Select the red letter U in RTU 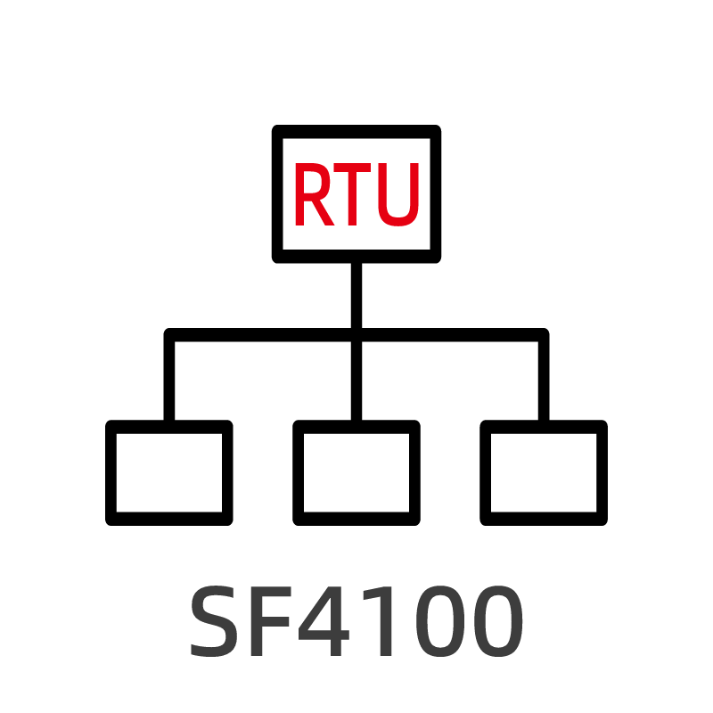[397, 195]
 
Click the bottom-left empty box [169, 472]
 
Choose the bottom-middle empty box [356, 472]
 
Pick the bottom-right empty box [544, 472]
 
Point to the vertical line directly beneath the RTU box [356, 294]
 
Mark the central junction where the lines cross [356, 335]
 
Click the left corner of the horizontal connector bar [170, 335]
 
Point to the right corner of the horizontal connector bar [543, 335]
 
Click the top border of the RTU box [356, 132]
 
